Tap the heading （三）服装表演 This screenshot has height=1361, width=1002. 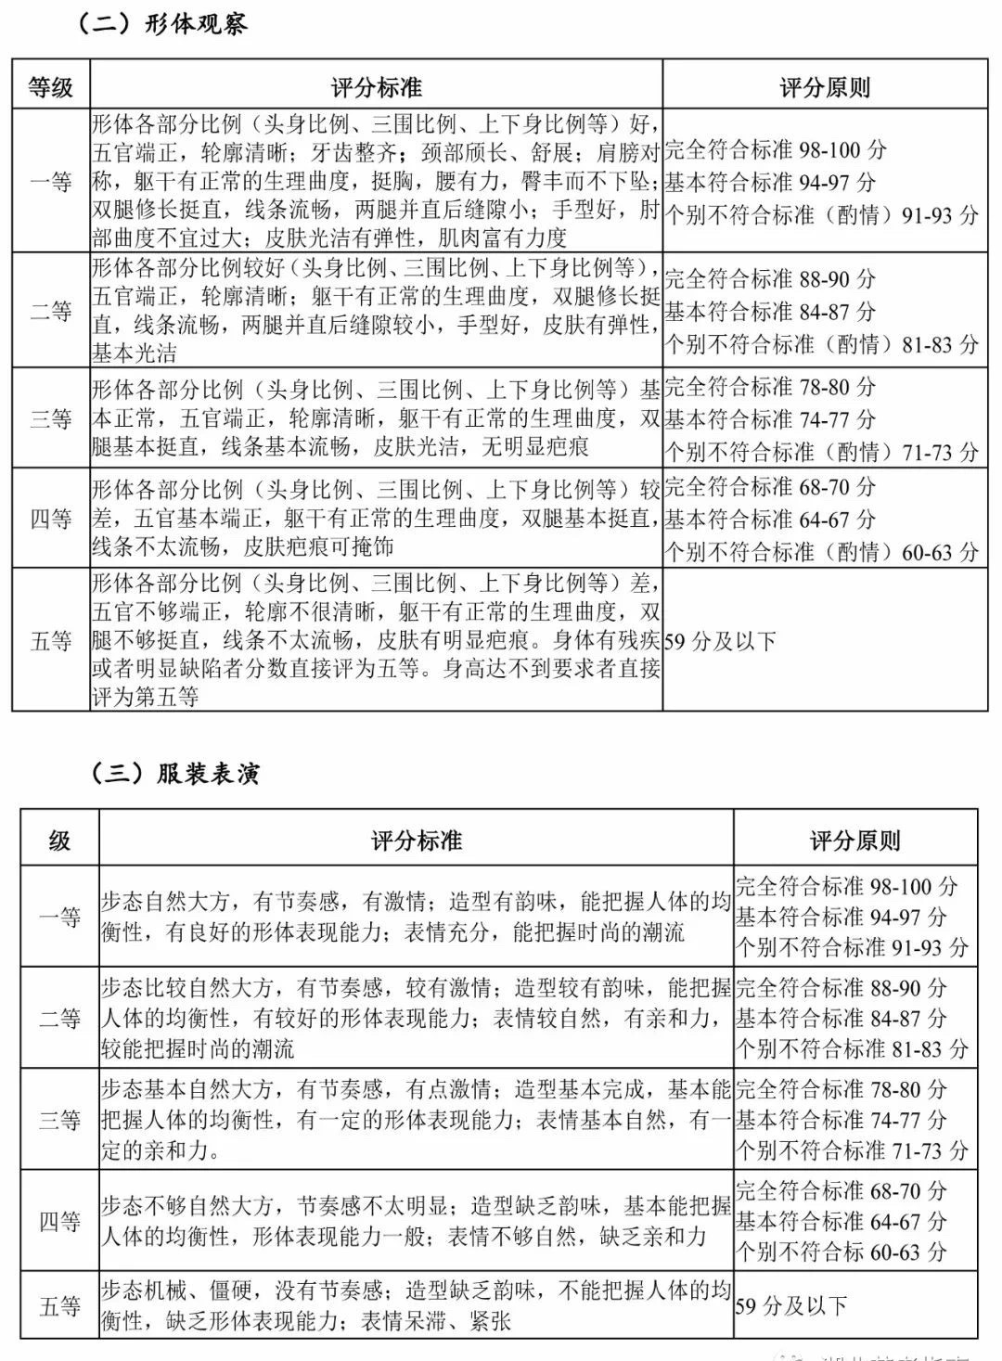pos(175,773)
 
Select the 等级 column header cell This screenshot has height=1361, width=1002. pos(51,88)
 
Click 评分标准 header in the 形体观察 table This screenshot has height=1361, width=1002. pos(376,88)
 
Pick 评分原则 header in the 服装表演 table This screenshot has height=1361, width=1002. pos(854,841)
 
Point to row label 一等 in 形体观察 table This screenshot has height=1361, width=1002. pos(51,181)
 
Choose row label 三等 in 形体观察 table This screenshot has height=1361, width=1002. pos(51,418)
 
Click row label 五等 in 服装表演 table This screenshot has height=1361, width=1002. pos(60,1306)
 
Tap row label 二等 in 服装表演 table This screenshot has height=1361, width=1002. pos(60,1019)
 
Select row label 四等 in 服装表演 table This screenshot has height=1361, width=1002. pos(60,1222)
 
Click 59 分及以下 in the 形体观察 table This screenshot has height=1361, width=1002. pos(720,641)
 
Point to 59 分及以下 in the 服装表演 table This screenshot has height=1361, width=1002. pos(791,1306)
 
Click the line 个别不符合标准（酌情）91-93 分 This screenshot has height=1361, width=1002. pos(821,215)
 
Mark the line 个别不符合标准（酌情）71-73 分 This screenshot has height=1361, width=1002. pos(821,452)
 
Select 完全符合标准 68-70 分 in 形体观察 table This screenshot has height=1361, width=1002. pos(770,486)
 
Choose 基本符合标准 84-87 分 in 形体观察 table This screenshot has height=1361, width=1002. pos(770,312)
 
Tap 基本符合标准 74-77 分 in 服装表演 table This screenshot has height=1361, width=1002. pos(841,1120)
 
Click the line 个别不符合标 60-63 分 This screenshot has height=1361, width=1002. pos(841,1252)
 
